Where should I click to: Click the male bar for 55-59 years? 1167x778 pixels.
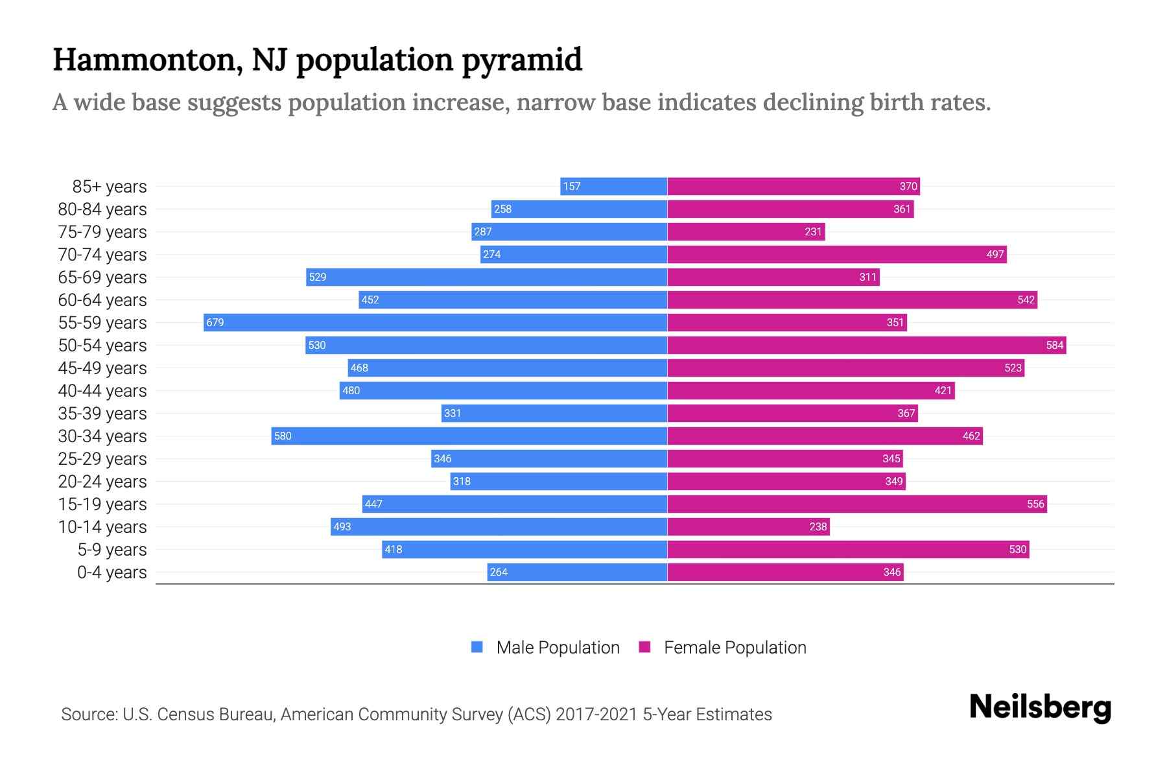pyautogui.click(x=434, y=322)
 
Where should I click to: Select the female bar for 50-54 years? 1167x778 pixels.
pyautogui.click(x=866, y=345)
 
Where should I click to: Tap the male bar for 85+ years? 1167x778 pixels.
pyautogui.click(x=613, y=186)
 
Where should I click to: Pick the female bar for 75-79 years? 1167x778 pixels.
pyautogui.click(x=746, y=231)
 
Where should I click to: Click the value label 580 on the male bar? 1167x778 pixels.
pyautogui.click(x=283, y=436)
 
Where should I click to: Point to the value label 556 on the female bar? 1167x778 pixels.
pyautogui.click(x=1035, y=504)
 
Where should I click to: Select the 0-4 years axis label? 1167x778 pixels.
pyautogui.click(x=112, y=572)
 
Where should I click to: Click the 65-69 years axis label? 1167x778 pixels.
pyautogui.click(x=102, y=277)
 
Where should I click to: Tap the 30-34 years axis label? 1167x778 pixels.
pyautogui.click(x=102, y=436)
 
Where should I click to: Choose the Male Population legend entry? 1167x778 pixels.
pyautogui.click(x=558, y=648)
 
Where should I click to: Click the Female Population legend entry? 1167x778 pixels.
pyautogui.click(x=735, y=648)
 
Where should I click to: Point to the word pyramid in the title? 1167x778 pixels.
pyautogui.click(x=522, y=60)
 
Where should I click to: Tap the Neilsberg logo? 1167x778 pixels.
pyautogui.click(x=1040, y=707)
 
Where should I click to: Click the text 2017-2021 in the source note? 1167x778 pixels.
pyautogui.click(x=596, y=714)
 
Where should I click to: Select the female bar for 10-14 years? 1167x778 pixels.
pyautogui.click(x=748, y=526)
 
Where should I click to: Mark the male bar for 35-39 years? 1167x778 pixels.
pyautogui.click(x=554, y=413)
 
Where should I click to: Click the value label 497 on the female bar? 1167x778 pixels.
pyautogui.click(x=995, y=254)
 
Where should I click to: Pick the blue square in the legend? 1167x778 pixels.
pyautogui.click(x=477, y=647)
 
